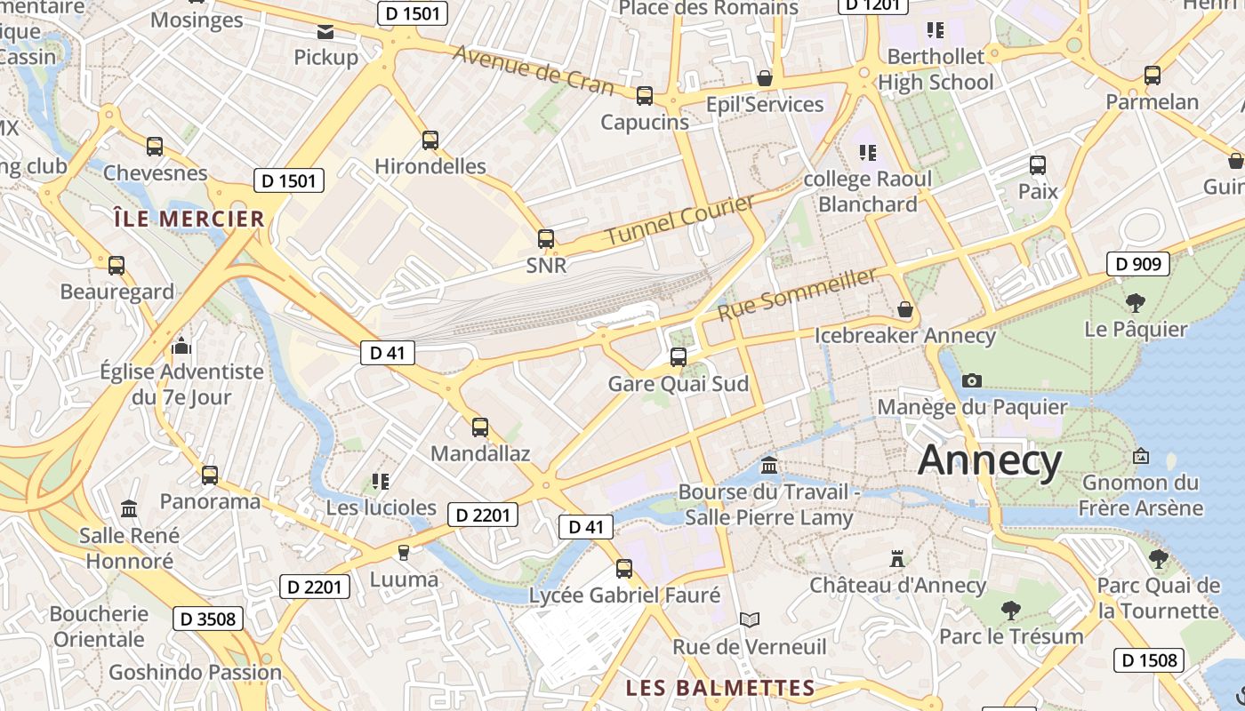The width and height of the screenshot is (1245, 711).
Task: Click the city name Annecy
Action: pos(990,460)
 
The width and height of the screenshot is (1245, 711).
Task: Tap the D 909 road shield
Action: pos(1137,264)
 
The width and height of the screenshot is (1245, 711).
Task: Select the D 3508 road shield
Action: pos(208,619)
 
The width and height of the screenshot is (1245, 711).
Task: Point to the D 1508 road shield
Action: pos(1148,660)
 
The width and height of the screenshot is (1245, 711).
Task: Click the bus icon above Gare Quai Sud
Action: pos(679,357)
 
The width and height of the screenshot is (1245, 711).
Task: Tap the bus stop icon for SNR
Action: pos(546,239)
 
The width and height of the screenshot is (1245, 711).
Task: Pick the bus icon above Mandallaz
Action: pos(480,427)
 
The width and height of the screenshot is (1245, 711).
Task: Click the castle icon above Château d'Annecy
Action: pos(897,558)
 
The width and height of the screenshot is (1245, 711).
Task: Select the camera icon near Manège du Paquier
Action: pos(972,380)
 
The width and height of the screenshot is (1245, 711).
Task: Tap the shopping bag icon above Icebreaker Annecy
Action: pos(905,309)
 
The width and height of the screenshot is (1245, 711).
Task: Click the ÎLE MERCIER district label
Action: pos(189,219)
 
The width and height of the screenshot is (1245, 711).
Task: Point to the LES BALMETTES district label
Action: pos(720,688)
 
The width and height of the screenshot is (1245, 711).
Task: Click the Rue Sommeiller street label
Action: pos(797,295)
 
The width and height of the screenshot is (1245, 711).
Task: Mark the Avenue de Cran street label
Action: pos(534,68)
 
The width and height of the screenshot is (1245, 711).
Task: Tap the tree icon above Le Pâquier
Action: pos(1136,302)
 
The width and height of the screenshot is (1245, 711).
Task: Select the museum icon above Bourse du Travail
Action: pos(769,465)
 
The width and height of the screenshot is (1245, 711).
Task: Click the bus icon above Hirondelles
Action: pos(430,140)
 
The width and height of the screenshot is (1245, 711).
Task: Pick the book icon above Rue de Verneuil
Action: pos(750,619)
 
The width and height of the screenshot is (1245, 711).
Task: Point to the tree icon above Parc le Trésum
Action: pos(1011,610)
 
